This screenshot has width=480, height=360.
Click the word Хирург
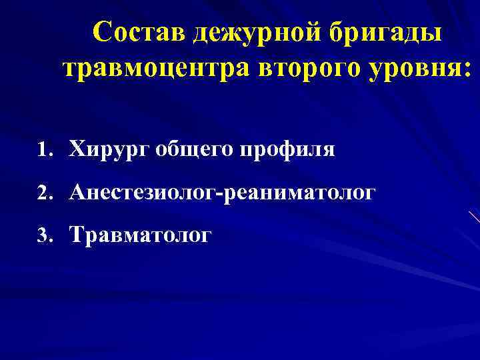point(109,151)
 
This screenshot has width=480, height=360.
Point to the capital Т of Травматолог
point(77,235)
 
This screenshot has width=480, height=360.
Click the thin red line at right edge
point(474,217)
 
